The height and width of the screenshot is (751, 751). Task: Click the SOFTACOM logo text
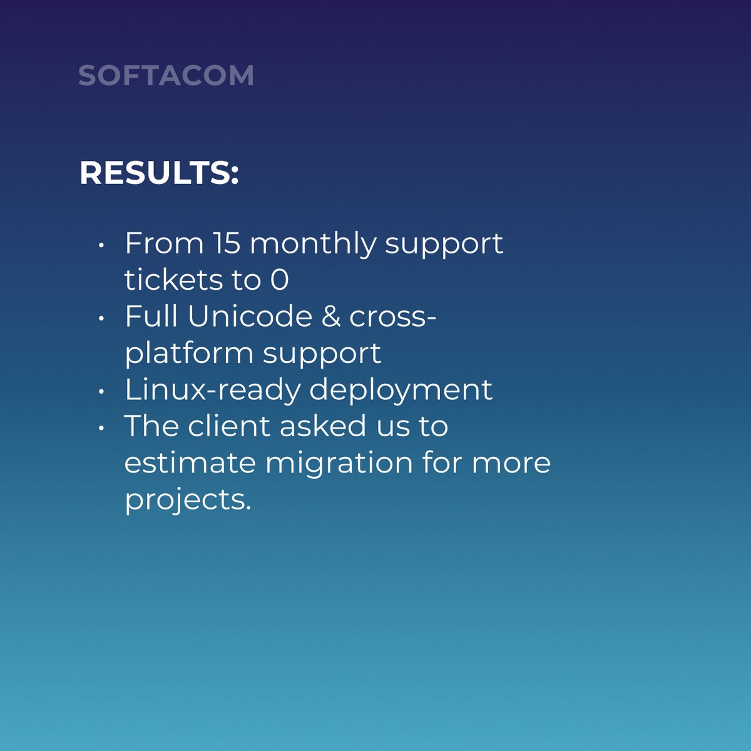point(166,76)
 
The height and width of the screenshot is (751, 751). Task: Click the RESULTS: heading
point(159,173)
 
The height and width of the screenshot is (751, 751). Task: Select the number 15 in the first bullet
point(226,243)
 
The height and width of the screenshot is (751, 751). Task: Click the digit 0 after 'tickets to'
point(279,280)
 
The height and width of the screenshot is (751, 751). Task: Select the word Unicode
point(249,316)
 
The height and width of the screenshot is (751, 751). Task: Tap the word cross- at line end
point(392,317)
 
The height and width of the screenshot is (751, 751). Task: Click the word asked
point(323,426)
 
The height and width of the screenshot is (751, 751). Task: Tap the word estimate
point(190,463)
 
